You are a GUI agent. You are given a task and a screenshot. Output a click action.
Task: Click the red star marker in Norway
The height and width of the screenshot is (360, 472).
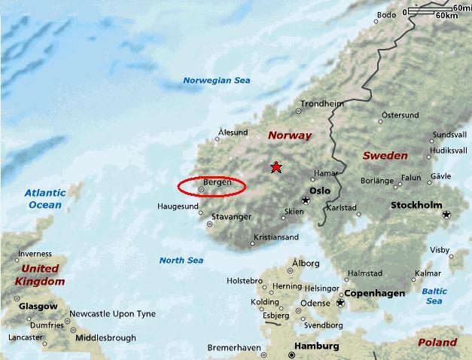click(276, 167)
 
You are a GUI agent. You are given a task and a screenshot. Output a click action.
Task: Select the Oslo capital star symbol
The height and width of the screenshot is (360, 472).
click(306, 200)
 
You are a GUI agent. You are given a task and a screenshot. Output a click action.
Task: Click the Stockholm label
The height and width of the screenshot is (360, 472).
click(416, 205)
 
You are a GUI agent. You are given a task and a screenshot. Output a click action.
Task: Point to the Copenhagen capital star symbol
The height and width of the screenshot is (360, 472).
click(340, 303)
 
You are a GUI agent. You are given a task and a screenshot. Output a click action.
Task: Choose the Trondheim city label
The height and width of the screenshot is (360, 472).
click(321, 104)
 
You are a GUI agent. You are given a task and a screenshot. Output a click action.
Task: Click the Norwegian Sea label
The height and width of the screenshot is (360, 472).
click(217, 81)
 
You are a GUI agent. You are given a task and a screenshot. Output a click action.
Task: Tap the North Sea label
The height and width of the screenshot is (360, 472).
click(181, 261)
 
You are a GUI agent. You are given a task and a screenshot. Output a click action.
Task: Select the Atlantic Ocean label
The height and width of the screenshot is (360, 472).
click(45, 199)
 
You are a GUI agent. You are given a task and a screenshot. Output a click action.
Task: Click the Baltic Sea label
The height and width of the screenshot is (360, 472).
click(434, 296)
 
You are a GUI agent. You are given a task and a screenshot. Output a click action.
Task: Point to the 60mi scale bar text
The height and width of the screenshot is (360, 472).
click(461, 8)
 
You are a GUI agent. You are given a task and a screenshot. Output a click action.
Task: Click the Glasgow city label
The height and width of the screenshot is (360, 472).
click(38, 307)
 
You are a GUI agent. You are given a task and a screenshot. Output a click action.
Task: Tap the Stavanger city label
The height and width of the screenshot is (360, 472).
click(231, 217)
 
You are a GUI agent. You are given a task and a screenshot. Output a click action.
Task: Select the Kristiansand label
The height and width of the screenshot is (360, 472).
click(276, 237)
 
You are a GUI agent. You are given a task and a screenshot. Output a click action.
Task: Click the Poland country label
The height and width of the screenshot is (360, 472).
click(437, 342)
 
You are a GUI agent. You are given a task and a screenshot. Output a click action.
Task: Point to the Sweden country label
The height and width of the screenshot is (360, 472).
click(385, 156)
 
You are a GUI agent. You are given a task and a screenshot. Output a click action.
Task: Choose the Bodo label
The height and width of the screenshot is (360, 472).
click(386, 15)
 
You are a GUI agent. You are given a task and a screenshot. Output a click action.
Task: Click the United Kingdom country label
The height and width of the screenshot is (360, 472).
click(40, 275)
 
